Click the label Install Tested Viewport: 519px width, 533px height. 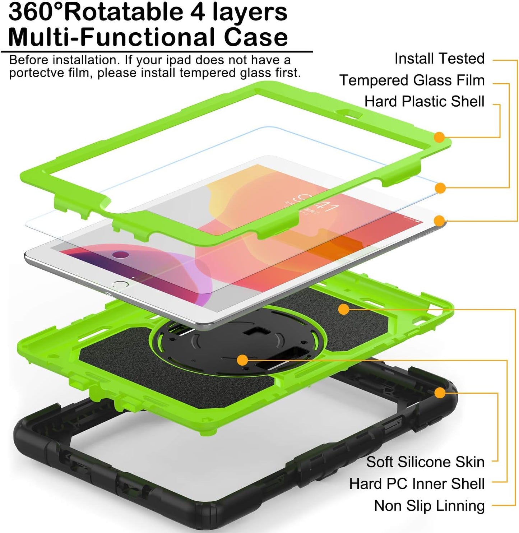coord(439,59)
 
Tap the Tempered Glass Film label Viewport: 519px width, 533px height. coord(412,80)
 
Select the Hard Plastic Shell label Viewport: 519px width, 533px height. coord(424,102)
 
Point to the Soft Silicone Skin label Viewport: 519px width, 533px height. coord(425,462)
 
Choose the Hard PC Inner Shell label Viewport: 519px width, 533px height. coord(417,484)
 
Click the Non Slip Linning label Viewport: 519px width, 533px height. coord(429,506)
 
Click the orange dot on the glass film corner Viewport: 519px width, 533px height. coord(440,188)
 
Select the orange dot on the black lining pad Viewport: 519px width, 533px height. coord(344,309)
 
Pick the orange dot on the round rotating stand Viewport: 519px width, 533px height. coord(243,360)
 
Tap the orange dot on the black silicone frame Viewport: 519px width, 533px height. coord(440,393)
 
